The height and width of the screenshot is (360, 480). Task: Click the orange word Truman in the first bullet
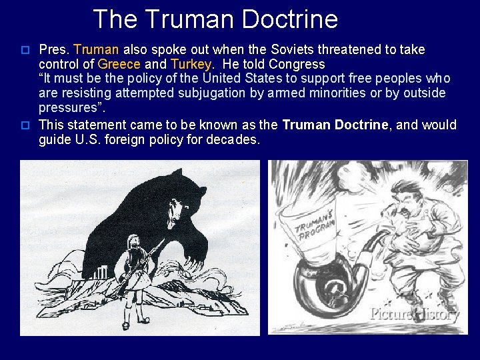[x=96, y=49]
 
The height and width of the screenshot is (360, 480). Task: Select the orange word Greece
[x=119, y=65]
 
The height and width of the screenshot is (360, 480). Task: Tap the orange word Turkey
[x=191, y=65]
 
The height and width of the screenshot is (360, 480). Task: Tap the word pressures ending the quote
[x=69, y=108]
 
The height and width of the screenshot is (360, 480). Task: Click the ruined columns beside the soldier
[x=102, y=273]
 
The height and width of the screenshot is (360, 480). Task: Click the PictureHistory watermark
[x=414, y=313]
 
